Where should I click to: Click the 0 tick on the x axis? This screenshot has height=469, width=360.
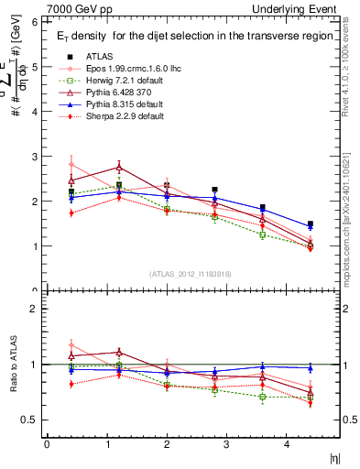(x=47, y=444)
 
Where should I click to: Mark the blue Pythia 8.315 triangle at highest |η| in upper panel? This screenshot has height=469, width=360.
(x=310, y=226)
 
